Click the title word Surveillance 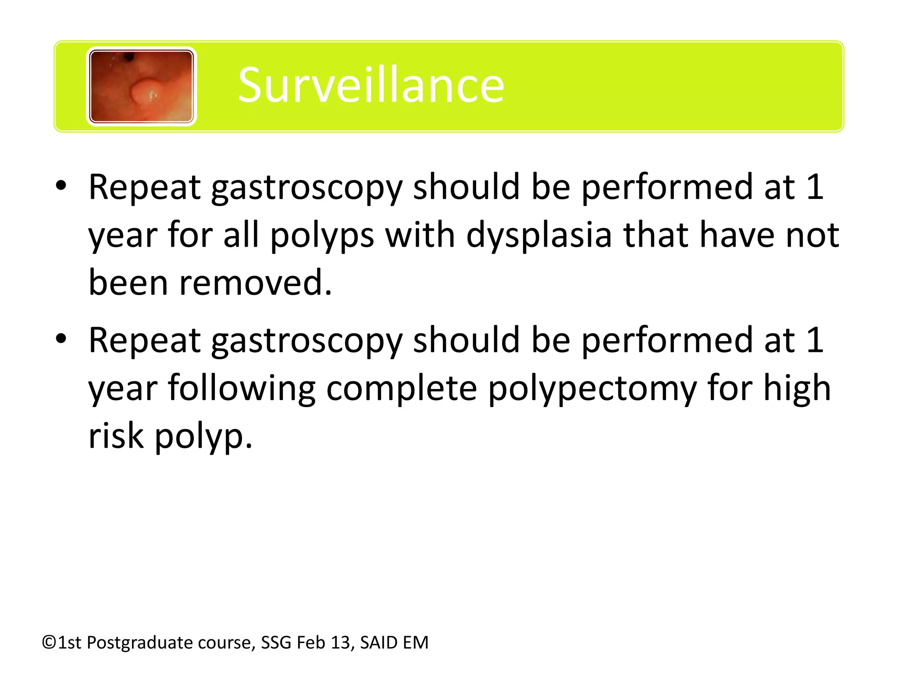(x=371, y=85)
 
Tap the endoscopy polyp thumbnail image (x=141, y=86)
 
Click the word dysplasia (x=539, y=235)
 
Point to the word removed (x=255, y=283)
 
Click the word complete (x=402, y=388)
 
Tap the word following (x=242, y=388)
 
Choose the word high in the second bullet (x=797, y=388)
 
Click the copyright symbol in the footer (x=49, y=643)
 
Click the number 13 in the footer (x=343, y=643)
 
